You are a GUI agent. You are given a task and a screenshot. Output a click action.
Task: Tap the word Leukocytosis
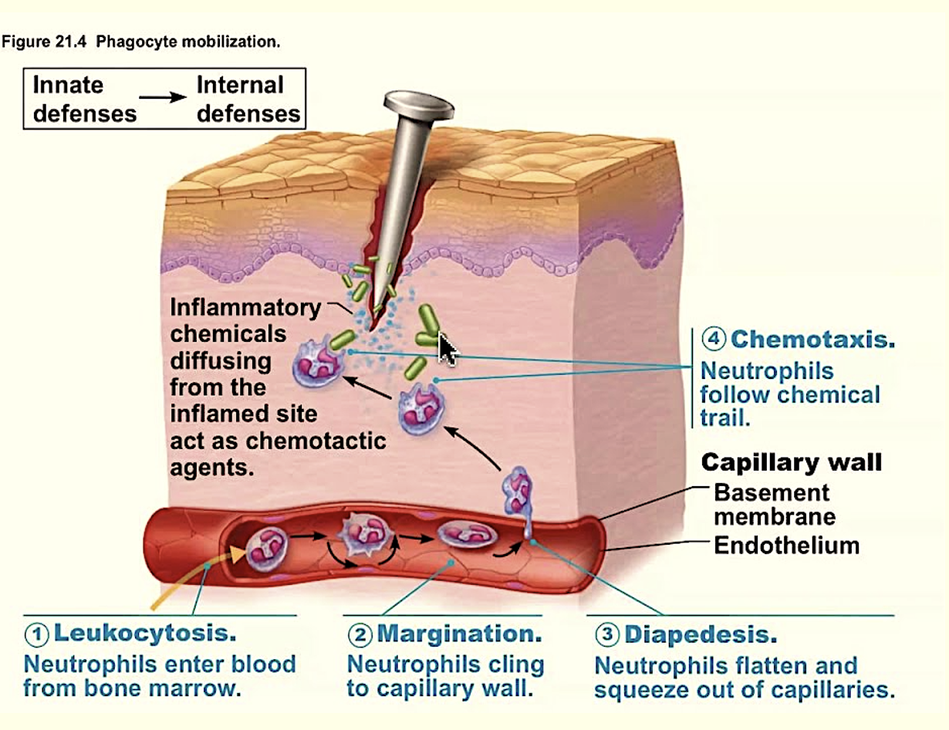[x=144, y=634]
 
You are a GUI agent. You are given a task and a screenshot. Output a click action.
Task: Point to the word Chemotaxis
[x=812, y=339]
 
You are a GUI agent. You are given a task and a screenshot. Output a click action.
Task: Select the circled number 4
[x=714, y=339]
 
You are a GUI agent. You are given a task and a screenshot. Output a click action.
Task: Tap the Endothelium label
[x=786, y=546]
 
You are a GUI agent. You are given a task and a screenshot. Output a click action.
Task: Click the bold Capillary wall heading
[x=791, y=462]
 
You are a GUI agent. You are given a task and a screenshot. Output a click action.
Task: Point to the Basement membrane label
[x=772, y=503]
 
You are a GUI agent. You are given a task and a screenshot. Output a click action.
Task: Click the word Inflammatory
[x=245, y=307]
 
